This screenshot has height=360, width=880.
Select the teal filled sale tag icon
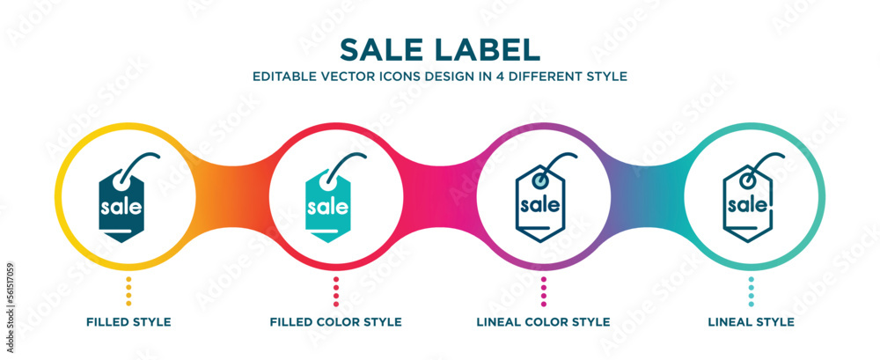tap(327, 202)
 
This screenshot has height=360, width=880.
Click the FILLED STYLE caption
tap(128, 322)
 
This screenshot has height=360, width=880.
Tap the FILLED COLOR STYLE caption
tap(336, 322)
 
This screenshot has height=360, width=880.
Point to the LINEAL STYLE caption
tap(752, 322)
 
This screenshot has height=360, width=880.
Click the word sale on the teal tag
tap(326, 209)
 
